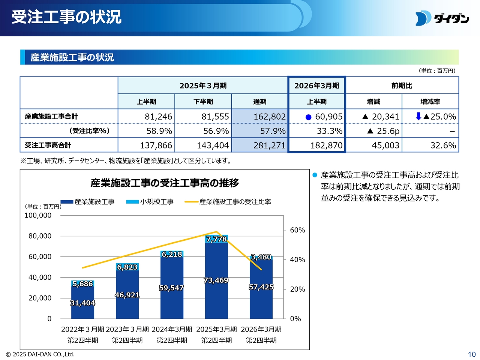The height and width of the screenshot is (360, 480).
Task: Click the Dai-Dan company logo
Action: pos(442,18)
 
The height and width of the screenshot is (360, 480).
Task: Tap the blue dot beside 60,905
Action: pos(309,117)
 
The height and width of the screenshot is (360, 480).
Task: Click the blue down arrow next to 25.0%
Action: pos(418,116)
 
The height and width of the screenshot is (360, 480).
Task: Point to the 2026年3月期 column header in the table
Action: pos(316,85)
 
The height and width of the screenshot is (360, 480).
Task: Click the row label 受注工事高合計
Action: pos(48,145)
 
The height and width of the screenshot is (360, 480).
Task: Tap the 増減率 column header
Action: pos(430,102)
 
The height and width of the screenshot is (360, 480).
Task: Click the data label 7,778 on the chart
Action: pos(216,239)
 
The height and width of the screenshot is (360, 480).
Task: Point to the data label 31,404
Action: pos(82,303)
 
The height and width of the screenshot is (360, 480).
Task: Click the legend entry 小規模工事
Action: pos(156,202)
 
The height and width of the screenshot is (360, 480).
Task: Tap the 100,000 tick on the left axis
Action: pos(38,215)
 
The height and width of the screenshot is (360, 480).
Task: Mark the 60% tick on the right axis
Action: pos(297,230)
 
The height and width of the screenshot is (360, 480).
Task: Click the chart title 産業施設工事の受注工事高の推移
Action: pos(165,183)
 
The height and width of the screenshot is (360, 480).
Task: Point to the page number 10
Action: pos(471,354)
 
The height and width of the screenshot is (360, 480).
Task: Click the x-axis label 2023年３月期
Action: pos(127,329)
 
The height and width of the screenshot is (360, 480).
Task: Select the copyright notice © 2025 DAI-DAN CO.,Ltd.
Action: pos(40,354)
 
